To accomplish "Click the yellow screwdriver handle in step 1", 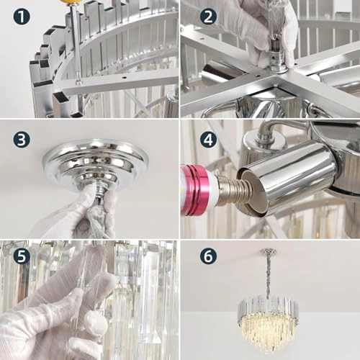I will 69,3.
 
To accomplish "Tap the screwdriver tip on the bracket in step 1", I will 78,80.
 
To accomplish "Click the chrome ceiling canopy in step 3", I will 94,162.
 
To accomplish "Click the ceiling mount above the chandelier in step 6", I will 269,251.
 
